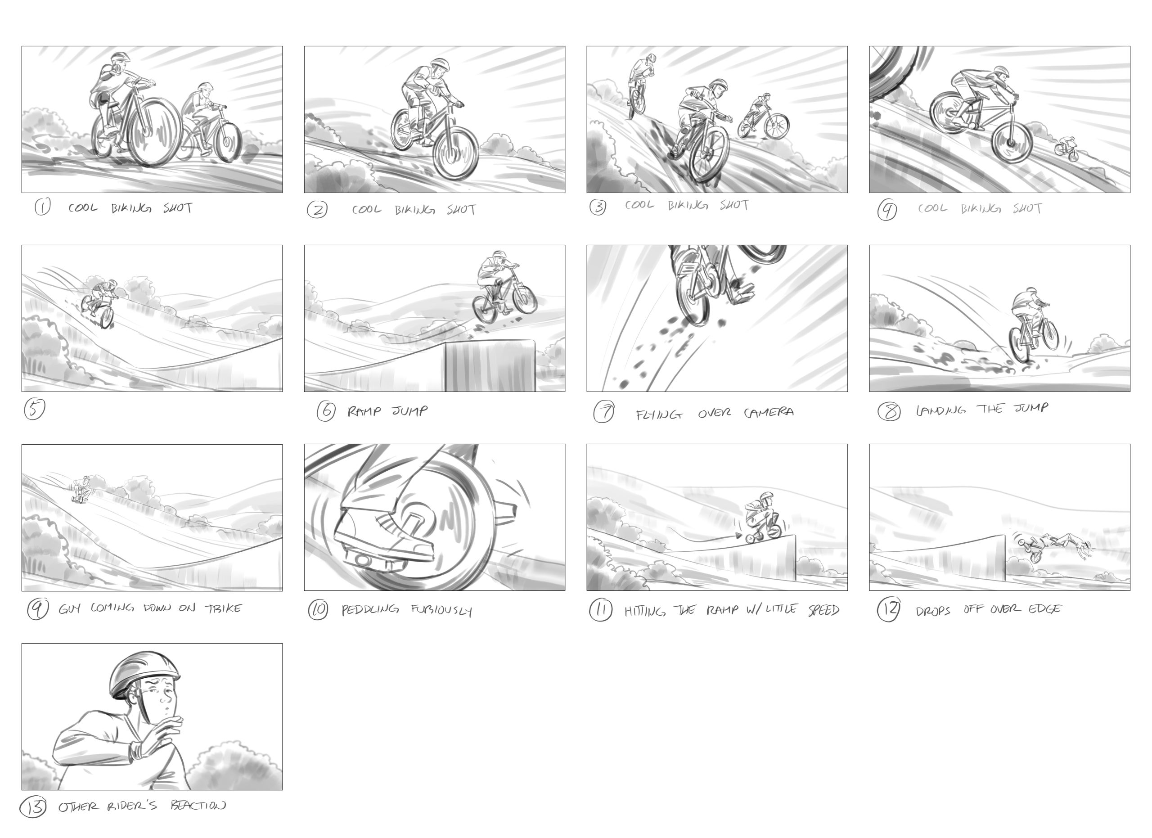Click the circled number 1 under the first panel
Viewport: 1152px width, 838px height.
pyautogui.click(x=42, y=207)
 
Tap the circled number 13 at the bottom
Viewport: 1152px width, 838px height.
pyautogui.click(x=33, y=807)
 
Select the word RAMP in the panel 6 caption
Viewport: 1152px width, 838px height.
pyautogui.click(x=364, y=411)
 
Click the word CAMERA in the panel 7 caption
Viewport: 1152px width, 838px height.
pyautogui.click(x=769, y=412)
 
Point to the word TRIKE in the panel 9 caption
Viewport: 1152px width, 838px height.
pyautogui.click(x=224, y=608)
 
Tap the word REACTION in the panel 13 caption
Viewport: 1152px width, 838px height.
pyautogui.click(x=198, y=806)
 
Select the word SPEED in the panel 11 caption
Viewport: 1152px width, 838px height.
pyautogui.click(x=823, y=610)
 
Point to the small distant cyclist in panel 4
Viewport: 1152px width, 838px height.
pyautogui.click(x=1066, y=149)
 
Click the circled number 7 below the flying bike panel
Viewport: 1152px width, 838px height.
pyautogui.click(x=603, y=412)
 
